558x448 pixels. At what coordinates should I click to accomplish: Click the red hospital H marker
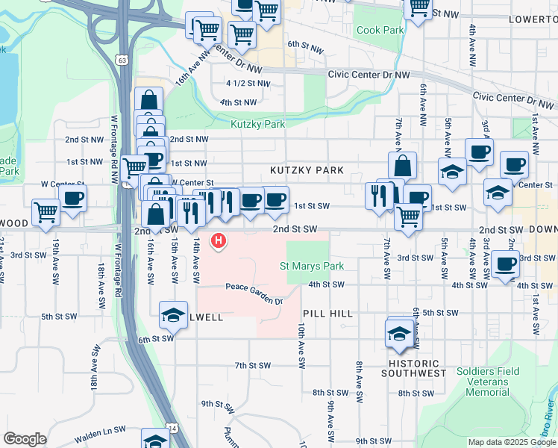click(x=219, y=240)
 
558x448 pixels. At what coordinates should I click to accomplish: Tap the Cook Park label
click(x=380, y=31)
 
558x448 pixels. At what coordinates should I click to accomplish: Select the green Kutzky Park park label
click(x=258, y=125)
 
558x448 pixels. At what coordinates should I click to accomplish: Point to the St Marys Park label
click(x=312, y=266)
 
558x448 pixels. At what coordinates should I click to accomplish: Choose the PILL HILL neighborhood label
click(x=327, y=315)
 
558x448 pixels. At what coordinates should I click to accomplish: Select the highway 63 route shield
click(x=121, y=58)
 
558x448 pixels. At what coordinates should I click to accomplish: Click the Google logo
click(x=25, y=439)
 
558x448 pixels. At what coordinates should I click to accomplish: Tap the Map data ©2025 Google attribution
click(x=512, y=442)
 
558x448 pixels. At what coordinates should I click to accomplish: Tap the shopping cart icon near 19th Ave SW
click(x=46, y=212)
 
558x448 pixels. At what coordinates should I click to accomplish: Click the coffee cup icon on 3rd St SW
click(x=506, y=264)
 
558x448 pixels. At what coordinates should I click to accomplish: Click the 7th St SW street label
click(x=251, y=366)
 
